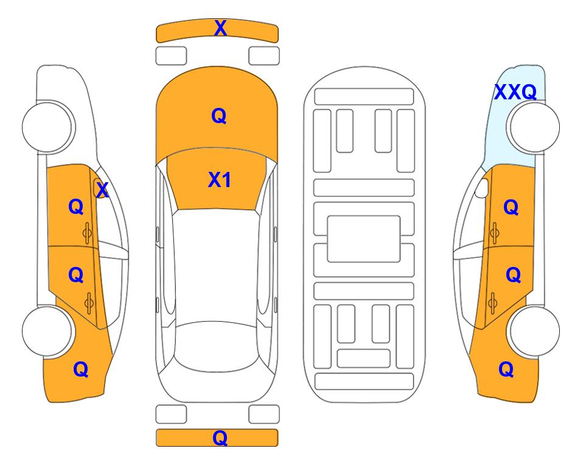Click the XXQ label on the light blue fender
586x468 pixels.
coord(515,92)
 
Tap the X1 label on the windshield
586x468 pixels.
coord(220,180)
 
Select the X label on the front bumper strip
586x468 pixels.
coord(220,28)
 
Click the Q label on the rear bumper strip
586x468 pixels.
coord(220,438)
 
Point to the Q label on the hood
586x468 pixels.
coord(219,116)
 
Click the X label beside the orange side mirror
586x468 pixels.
coord(102,190)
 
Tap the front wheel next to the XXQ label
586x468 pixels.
coord(533,127)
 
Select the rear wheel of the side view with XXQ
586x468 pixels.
coord(533,331)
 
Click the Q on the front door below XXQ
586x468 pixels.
coord(511,207)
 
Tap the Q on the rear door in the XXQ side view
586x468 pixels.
coord(513,275)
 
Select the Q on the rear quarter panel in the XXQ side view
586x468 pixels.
coord(506,369)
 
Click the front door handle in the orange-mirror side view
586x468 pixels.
coord(88,233)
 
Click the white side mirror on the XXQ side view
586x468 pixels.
coord(482,188)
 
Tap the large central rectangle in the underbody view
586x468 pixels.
coord(364,239)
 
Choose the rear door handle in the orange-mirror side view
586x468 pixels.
coord(89,303)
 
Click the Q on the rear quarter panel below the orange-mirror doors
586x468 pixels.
coord(81,369)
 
